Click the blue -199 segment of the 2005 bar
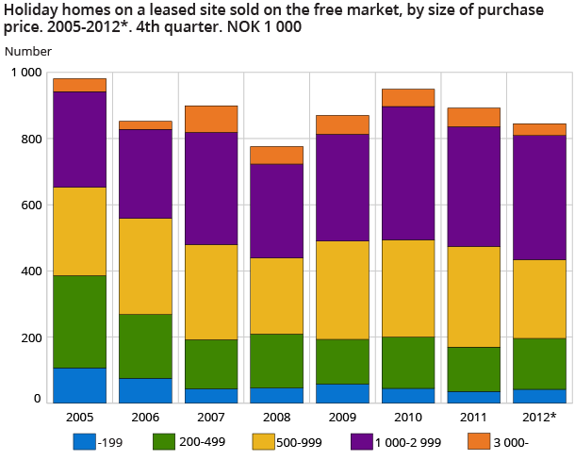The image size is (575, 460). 79,385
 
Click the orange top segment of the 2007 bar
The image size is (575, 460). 211,119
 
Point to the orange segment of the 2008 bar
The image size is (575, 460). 276,155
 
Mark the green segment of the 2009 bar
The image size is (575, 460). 342,361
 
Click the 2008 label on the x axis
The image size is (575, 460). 276,418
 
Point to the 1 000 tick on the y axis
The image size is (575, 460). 26,73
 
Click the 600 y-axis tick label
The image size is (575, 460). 32,205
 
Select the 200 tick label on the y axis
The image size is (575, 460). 32,337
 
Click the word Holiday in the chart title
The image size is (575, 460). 29,10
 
